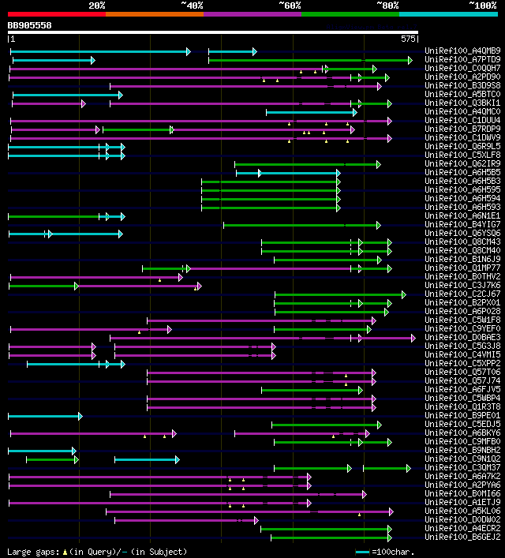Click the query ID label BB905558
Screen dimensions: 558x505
(x=30, y=25)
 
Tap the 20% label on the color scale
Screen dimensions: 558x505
(x=97, y=6)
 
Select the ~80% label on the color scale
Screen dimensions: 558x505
(x=387, y=6)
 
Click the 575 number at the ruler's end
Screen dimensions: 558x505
(x=408, y=38)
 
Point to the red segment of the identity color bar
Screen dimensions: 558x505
(x=56, y=13)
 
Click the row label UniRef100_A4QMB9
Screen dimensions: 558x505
(x=462, y=51)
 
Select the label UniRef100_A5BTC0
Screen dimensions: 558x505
(x=462, y=95)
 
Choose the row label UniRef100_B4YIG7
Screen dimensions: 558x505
(x=462, y=225)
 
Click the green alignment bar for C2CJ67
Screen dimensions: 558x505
(x=339, y=294)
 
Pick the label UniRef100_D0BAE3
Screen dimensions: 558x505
(x=462, y=338)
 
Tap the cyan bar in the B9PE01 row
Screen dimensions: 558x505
(x=44, y=416)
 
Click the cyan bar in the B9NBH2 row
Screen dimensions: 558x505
(x=42, y=451)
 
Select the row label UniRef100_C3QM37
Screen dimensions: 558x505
(x=462, y=468)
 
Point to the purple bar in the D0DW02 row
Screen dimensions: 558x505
(x=185, y=520)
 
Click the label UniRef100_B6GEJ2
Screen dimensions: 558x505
(x=462, y=537)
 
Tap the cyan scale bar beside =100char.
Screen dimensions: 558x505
(x=362, y=552)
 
